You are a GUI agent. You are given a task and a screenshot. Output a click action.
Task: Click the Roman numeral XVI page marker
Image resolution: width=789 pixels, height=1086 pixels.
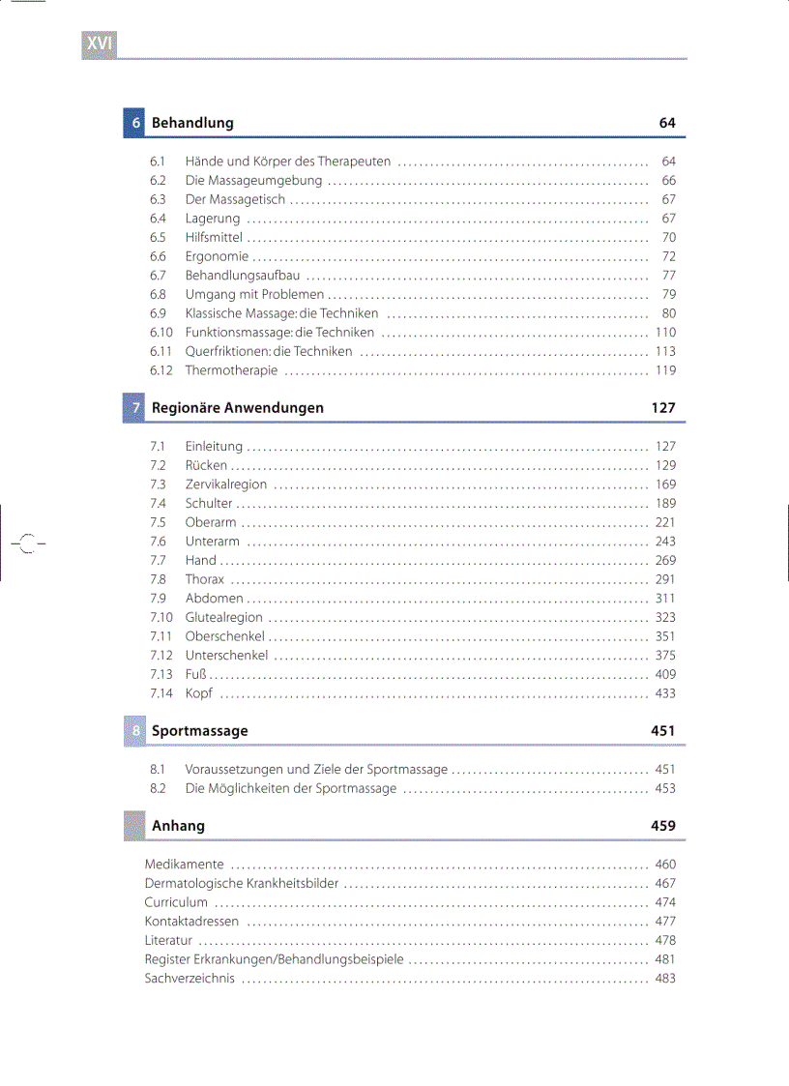(100, 44)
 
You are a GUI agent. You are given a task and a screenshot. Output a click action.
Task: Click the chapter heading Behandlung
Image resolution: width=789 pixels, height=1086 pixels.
(192, 123)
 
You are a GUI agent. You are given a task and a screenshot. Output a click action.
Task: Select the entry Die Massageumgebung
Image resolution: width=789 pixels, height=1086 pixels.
(253, 181)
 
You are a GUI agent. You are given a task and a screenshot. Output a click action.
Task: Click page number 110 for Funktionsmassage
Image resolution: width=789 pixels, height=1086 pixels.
(665, 333)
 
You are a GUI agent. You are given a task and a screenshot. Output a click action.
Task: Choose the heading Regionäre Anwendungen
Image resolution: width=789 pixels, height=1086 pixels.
(238, 408)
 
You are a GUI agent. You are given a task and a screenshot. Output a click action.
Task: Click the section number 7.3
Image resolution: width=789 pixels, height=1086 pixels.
(158, 484)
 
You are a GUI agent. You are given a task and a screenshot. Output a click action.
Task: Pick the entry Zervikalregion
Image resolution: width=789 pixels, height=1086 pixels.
(226, 484)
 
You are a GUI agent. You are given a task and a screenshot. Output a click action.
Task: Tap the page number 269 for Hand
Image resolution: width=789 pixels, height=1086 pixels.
(665, 561)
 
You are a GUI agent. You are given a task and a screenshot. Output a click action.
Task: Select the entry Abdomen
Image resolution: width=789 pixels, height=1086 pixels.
(214, 599)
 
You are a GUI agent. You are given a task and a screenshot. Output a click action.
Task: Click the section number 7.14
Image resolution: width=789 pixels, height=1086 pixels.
(161, 693)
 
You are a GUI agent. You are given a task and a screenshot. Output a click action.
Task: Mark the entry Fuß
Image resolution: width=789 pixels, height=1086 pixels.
(195, 675)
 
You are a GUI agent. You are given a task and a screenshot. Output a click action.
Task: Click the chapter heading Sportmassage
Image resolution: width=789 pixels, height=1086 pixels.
(199, 731)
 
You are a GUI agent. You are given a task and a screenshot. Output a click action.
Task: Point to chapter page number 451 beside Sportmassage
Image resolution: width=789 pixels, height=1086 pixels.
(663, 731)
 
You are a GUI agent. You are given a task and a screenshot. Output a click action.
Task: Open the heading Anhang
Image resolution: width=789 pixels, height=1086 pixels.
(178, 826)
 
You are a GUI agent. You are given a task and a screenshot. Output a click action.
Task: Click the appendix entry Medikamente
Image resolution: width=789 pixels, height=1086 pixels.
(184, 865)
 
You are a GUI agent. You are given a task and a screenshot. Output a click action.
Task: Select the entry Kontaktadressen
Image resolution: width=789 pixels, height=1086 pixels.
(191, 922)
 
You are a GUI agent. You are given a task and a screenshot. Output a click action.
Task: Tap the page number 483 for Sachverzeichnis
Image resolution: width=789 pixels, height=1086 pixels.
(665, 979)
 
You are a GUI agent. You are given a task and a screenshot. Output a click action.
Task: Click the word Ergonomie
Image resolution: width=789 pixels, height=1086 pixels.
(217, 257)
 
